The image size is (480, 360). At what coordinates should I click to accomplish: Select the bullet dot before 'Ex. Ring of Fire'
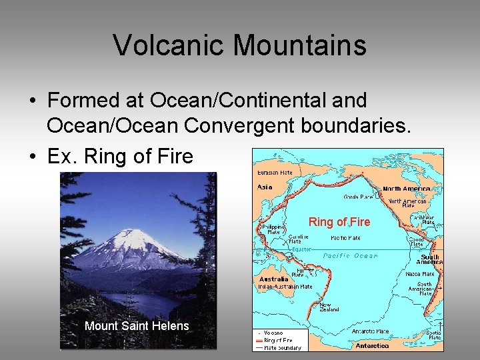32,157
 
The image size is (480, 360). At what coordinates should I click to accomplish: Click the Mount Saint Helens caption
137,326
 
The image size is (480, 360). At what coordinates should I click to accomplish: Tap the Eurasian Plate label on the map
275,173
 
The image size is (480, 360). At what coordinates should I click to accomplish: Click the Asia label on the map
265,187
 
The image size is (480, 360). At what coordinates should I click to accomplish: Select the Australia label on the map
273,279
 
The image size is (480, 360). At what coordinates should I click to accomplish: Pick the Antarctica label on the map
372,346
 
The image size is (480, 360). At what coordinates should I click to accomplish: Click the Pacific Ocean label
350,256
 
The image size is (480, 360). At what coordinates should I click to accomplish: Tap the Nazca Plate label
420,274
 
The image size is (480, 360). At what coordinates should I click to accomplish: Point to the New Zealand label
329,307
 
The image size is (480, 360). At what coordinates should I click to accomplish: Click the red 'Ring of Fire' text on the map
339,222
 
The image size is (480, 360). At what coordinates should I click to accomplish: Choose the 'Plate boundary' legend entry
282,347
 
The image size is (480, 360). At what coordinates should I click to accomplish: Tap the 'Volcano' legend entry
273,332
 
